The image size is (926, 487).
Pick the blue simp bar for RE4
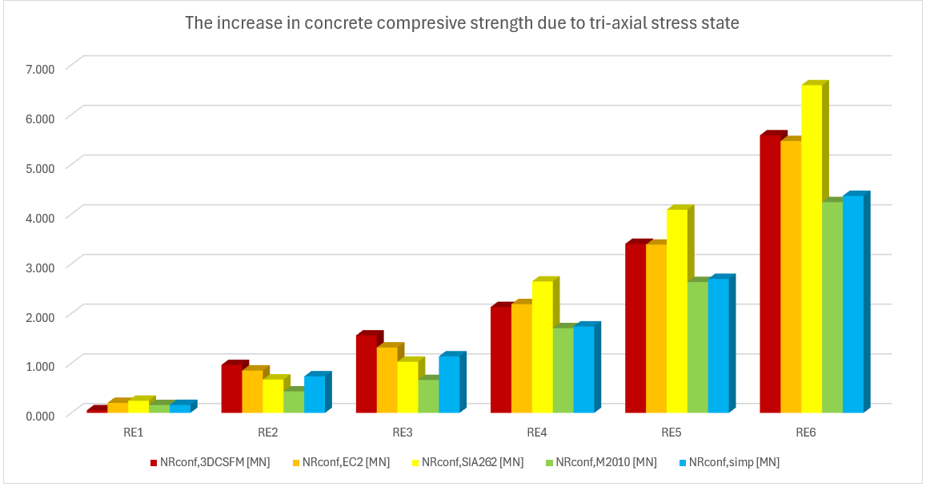584,369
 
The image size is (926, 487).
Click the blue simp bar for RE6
853,304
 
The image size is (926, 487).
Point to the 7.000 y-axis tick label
38,68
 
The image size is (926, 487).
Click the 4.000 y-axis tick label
38,216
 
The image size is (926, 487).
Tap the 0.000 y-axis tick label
38,414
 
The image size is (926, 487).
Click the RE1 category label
133,433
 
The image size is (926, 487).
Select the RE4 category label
536,433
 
